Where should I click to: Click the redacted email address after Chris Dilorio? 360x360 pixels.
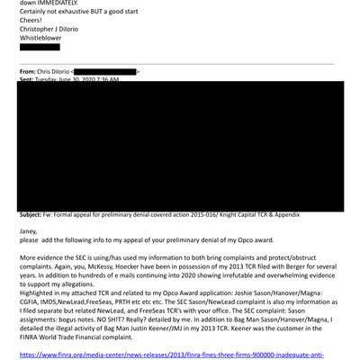(x=104, y=70)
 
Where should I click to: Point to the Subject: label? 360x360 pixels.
(x=35, y=216)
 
